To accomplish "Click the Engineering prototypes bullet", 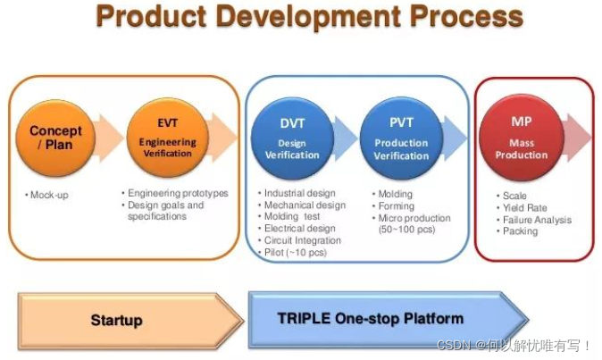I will point(177,193).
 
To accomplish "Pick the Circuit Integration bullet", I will point(303,240).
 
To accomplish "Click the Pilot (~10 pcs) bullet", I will point(296,252).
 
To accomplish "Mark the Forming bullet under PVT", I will point(397,205).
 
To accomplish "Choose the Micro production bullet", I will point(414,218).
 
